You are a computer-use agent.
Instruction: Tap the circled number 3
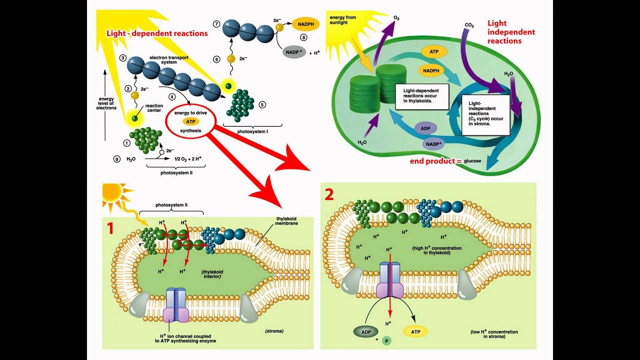(x=122, y=58)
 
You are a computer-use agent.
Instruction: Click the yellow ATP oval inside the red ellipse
(x=190, y=121)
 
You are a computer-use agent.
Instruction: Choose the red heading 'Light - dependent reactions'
(x=156, y=33)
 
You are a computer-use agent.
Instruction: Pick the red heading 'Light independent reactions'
(x=504, y=32)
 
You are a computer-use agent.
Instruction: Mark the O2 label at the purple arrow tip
(x=396, y=18)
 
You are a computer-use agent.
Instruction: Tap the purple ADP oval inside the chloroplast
(x=425, y=128)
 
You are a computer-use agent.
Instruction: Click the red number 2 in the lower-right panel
(x=328, y=194)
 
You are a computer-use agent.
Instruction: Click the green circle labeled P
(x=386, y=341)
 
